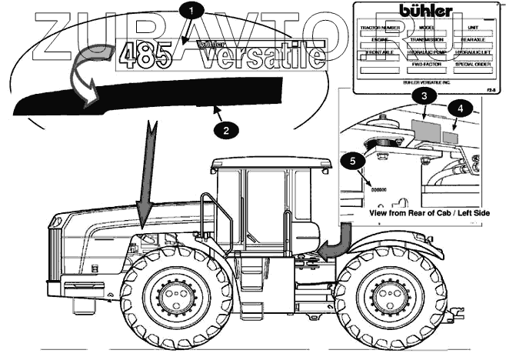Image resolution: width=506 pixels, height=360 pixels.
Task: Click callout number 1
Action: (192, 11)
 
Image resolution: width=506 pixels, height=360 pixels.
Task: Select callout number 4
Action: (460, 108)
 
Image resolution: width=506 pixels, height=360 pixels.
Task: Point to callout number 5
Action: (352, 161)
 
